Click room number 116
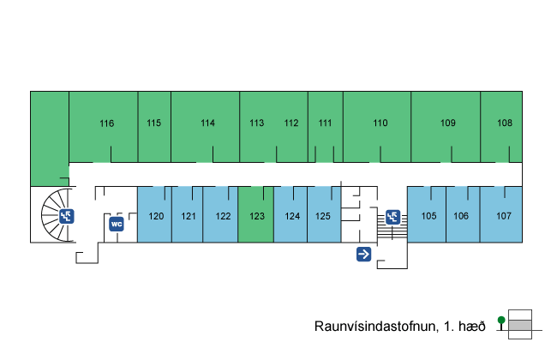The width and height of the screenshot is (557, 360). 106,123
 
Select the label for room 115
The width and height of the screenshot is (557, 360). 153,123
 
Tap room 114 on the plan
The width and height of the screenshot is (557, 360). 207,123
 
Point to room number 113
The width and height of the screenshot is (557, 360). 256,123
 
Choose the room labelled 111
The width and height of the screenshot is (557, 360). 325,123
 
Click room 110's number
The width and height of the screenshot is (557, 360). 380,123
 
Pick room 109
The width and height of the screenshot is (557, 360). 447,123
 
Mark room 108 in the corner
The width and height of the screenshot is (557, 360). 505,123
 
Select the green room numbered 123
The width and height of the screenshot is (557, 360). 256,216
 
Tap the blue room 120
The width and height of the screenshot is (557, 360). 156,216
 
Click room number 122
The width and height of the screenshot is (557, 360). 222,216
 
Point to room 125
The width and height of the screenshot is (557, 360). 322,216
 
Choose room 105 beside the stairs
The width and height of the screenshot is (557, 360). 428,216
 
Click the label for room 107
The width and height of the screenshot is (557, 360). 503,216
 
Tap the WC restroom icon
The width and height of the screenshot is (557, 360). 117,225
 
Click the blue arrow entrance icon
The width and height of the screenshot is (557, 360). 363,254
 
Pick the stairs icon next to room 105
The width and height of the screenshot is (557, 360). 392,216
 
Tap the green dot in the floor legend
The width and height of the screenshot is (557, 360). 501,320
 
